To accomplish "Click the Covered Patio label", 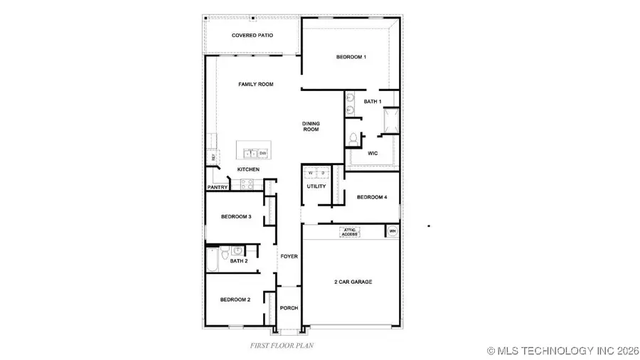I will click(x=252, y=35).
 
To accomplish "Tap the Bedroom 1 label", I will click(x=351, y=57).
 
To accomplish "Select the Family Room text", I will click(x=255, y=85).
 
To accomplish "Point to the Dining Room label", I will click(x=311, y=127).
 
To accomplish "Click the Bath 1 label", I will click(x=372, y=102).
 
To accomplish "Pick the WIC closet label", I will click(x=372, y=153).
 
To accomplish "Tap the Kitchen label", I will click(x=248, y=169).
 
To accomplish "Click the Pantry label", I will click(x=217, y=188).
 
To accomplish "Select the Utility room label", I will click(x=316, y=186).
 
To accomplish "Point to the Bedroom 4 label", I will click(x=372, y=197).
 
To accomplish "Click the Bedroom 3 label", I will click(x=235, y=216).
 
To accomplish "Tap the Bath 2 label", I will click(x=238, y=261).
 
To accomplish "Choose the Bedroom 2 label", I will click(x=235, y=300).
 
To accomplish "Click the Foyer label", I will click(x=289, y=256).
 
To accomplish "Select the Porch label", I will click(x=289, y=308).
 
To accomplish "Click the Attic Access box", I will click(x=350, y=231).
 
